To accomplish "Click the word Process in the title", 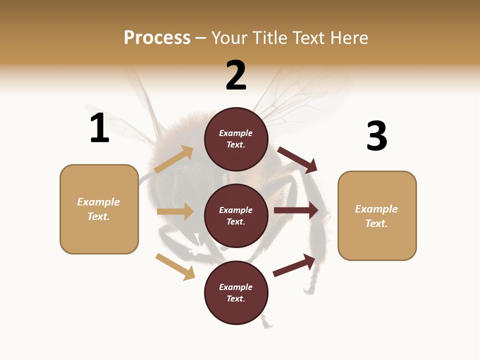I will click(x=157, y=38).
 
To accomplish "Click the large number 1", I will click(x=99, y=128).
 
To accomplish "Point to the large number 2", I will click(x=236, y=75).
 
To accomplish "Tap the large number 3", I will click(x=376, y=136).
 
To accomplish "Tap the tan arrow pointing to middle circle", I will click(x=175, y=211).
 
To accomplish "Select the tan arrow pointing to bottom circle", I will click(x=175, y=266).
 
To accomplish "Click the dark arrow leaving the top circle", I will click(x=297, y=159).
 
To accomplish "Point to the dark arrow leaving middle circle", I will click(x=296, y=210).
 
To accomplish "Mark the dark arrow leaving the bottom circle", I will click(x=294, y=265).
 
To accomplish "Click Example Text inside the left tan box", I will click(x=98, y=209).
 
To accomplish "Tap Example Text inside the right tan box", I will click(x=376, y=216).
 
